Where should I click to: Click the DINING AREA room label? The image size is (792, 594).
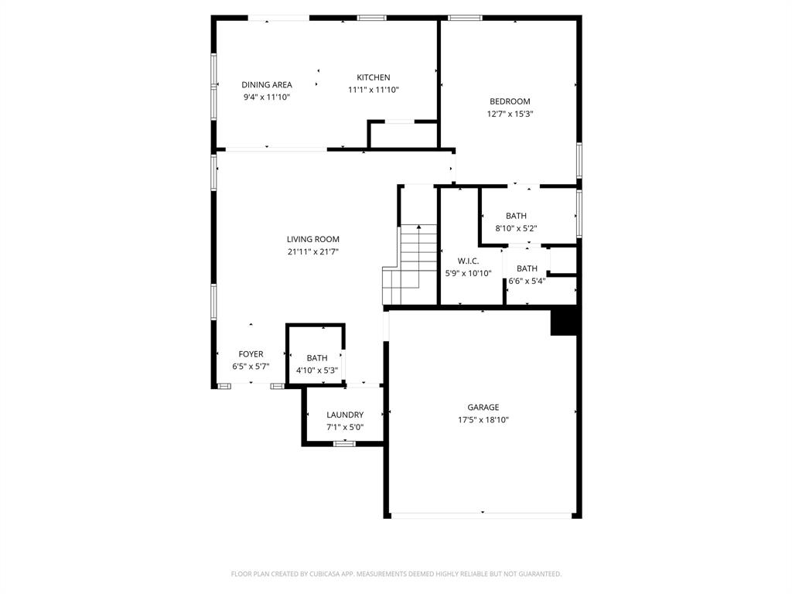pos(266,85)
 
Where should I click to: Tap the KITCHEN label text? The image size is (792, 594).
pos(373,77)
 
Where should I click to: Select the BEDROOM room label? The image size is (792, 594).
pos(510,101)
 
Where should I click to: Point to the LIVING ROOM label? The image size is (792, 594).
pos(312,240)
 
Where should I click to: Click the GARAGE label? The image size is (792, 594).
pos(483,408)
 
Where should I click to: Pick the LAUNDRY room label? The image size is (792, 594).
pos(344,415)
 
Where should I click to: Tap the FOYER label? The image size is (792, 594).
pos(251,354)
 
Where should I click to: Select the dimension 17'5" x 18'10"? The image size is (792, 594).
pos(483,420)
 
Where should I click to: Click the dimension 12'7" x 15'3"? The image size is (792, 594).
pos(510,114)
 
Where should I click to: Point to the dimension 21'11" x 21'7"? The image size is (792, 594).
pos(312,252)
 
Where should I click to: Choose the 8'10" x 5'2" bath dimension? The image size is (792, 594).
pos(516,228)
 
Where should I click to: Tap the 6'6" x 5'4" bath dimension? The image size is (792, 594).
pos(527,281)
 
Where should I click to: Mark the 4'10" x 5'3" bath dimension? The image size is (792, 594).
pos(316,370)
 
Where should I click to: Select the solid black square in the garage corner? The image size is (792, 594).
pos(565,321)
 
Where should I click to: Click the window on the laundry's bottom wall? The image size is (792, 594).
pos(344,443)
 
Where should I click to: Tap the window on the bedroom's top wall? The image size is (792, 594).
pos(465,18)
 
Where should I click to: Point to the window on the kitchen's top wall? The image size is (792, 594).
pos(371,18)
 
